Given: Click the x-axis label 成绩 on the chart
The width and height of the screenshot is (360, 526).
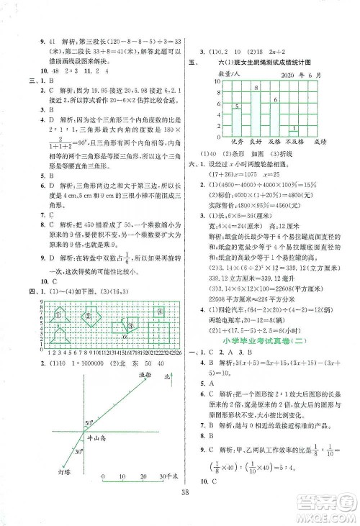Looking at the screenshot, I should (328, 143).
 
